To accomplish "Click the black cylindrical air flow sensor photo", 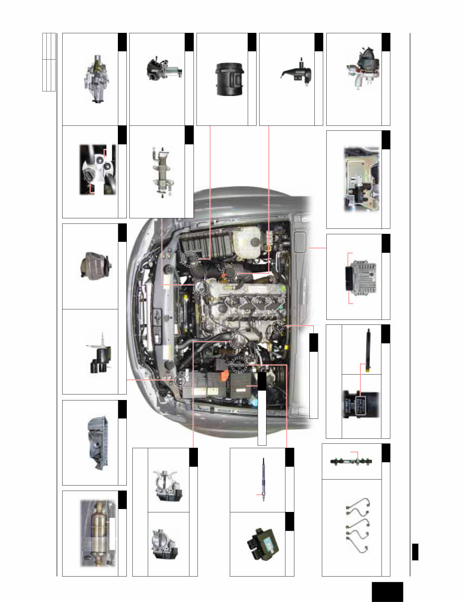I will [x=227, y=79].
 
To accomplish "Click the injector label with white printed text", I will [x=361, y=405].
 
